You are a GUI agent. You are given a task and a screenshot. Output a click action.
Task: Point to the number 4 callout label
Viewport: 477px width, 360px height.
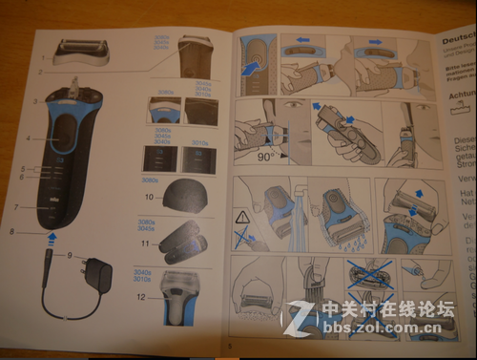pos(29,138)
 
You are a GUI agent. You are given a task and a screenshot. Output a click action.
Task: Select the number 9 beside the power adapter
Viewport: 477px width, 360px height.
pos(70,254)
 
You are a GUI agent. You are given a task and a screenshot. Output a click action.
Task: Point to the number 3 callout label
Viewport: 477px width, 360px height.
pos(34,100)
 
